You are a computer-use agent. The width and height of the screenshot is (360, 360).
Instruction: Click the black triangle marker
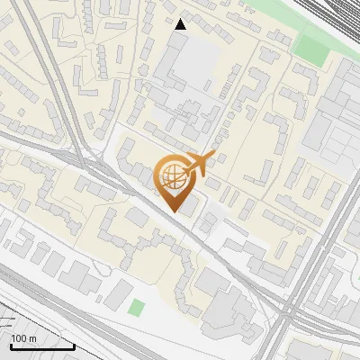(181, 24)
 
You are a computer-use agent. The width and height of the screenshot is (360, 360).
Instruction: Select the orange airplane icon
(200, 162)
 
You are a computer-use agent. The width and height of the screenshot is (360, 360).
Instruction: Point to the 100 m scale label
(23, 337)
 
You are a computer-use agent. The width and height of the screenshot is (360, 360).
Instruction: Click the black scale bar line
(40, 346)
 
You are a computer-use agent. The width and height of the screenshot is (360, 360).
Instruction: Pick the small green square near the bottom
(136, 309)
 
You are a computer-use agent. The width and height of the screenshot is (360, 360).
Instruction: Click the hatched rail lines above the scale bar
(22, 315)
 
